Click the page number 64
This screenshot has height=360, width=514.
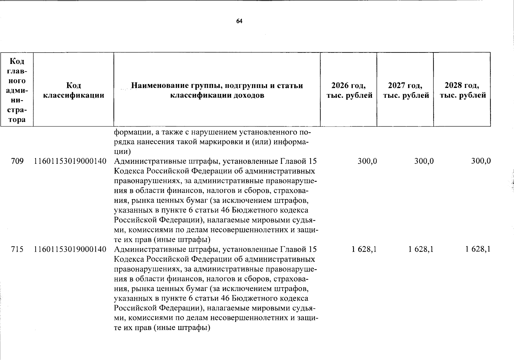[239, 21]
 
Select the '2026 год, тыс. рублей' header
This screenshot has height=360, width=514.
[349, 91]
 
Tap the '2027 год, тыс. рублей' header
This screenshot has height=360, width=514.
[405, 91]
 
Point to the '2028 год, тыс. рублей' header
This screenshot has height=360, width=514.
[462, 91]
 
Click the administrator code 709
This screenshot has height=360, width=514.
[17, 161]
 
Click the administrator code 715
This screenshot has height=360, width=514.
[17, 249]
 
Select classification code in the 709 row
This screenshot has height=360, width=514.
[71, 161]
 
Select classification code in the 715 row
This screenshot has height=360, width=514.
[71, 249]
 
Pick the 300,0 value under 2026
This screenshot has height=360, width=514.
[367, 161]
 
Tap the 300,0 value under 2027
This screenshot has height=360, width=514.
[424, 161]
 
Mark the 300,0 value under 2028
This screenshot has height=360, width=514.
[481, 161]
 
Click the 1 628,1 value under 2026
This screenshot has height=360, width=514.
[364, 249]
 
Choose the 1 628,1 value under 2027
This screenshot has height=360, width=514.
[421, 249]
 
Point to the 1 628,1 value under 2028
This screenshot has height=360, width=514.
[478, 249]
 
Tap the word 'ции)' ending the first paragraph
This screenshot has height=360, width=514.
[122, 151]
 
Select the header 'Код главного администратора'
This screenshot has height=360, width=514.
[17, 91]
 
